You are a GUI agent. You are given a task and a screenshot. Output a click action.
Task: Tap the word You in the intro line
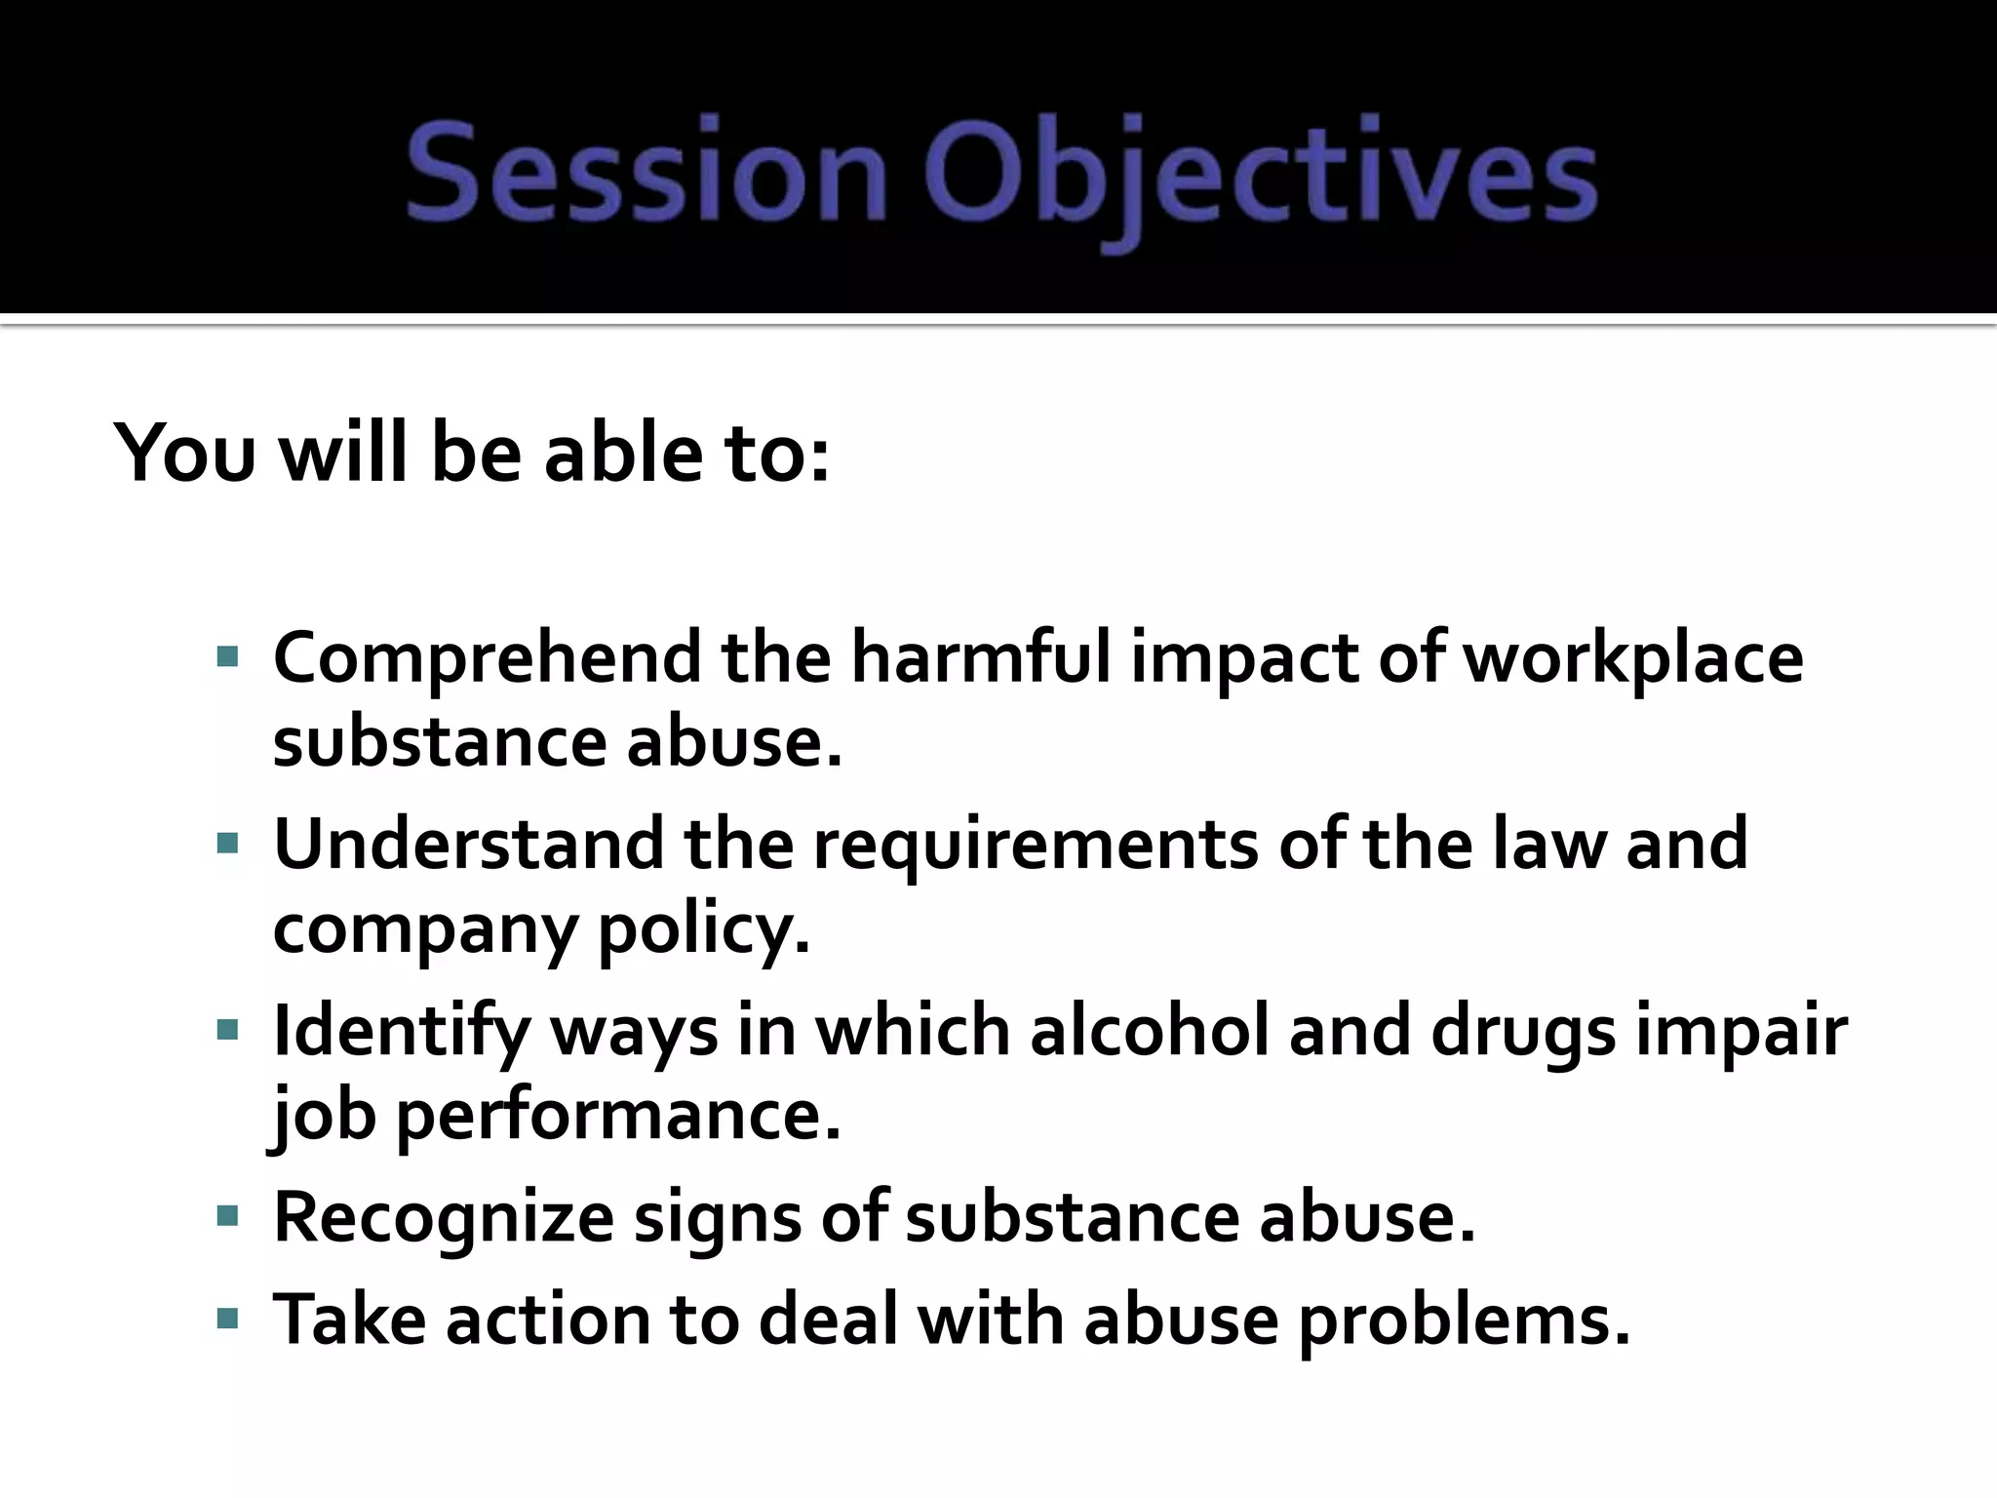184,453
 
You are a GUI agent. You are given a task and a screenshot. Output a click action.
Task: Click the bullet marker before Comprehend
227,658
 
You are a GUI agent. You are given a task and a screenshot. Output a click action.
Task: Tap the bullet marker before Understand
227,844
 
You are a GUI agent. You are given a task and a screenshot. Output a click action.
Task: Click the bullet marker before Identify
227,1030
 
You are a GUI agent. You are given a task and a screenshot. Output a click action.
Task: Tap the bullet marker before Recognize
227,1216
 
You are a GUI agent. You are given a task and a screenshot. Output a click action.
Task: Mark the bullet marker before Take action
227,1320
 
